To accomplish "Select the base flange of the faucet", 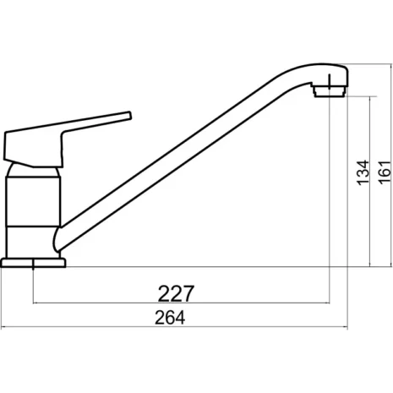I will tap(35, 261).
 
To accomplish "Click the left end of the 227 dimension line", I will tap(32, 303).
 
